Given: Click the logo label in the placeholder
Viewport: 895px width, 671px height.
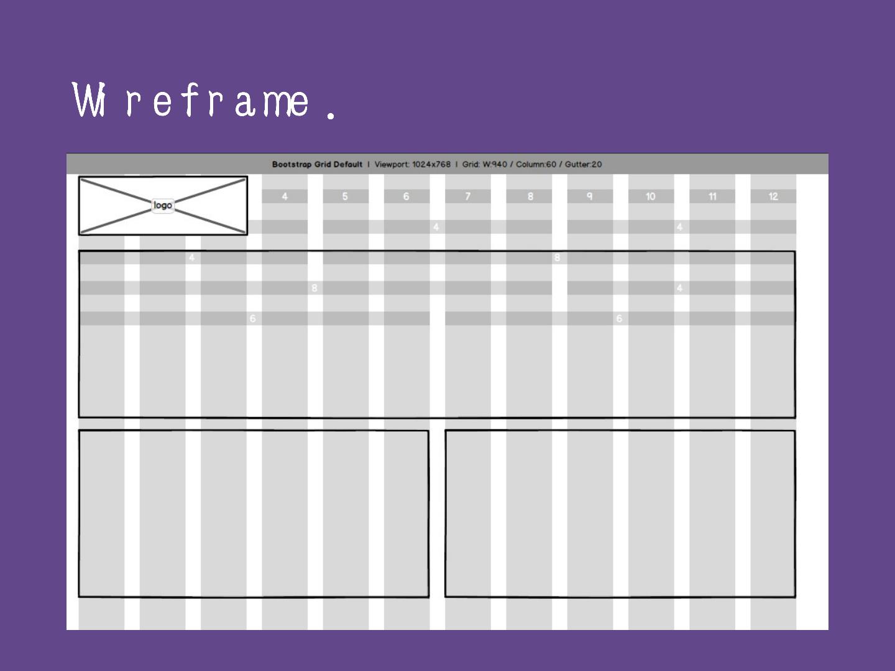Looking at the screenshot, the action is [x=163, y=206].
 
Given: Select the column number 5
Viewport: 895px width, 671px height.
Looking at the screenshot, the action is [x=345, y=196].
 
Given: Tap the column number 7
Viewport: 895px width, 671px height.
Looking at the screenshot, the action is [x=468, y=196].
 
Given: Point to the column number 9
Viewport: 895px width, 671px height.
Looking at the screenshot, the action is [x=590, y=196].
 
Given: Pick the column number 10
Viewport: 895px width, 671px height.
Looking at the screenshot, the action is [x=650, y=196].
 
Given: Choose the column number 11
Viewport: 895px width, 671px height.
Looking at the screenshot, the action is [x=712, y=196].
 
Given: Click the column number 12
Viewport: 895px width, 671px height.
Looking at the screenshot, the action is [x=773, y=196].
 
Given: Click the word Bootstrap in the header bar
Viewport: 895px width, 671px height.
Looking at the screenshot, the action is [x=292, y=165].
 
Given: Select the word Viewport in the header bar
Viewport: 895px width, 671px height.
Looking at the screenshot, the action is [x=391, y=165].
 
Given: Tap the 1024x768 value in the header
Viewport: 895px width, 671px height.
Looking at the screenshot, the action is [x=431, y=165].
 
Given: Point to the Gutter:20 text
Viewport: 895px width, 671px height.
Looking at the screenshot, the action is [x=583, y=165].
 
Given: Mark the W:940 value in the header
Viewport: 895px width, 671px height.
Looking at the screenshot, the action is [x=495, y=165].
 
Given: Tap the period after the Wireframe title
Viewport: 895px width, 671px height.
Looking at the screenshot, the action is [x=331, y=114].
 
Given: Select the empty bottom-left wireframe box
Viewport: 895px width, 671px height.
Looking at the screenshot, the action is [x=254, y=513].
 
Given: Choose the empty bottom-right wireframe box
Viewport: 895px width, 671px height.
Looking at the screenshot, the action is [x=620, y=513].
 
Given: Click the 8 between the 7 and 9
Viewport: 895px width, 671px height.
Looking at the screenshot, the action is [x=530, y=196].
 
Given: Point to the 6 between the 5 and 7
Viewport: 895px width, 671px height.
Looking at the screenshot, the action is [x=406, y=196].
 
